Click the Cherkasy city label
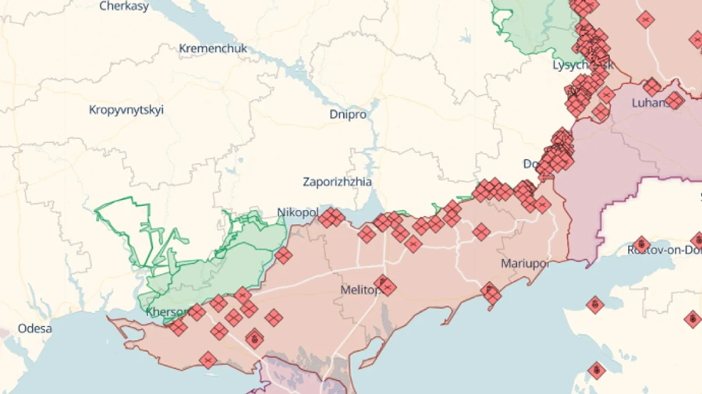pyautogui.click(x=125, y=6)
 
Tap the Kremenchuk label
pyautogui.click(x=213, y=48)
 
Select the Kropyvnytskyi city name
pyautogui.click(x=126, y=110)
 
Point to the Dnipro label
pyautogui.click(x=348, y=114)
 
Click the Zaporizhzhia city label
pyautogui.click(x=337, y=182)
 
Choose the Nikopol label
pyautogui.click(x=297, y=212)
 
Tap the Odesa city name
pyautogui.click(x=35, y=328)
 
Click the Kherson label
pyautogui.click(x=164, y=312)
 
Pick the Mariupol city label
pyautogui.click(x=525, y=263)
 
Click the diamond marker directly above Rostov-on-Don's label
pyautogui.click(x=641, y=243)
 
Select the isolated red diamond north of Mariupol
pyautogui.click(x=481, y=231)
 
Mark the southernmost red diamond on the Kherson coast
pyautogui.click(x=207, y=360)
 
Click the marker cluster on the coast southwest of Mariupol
pyautogui.click(x=491, y=294)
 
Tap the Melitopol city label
pyautogui.click(x=359, y=289)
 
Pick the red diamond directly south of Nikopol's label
pyautogui.click(x=283, y=255)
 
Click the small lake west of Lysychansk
pyautogui.click(x=466, y=36)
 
